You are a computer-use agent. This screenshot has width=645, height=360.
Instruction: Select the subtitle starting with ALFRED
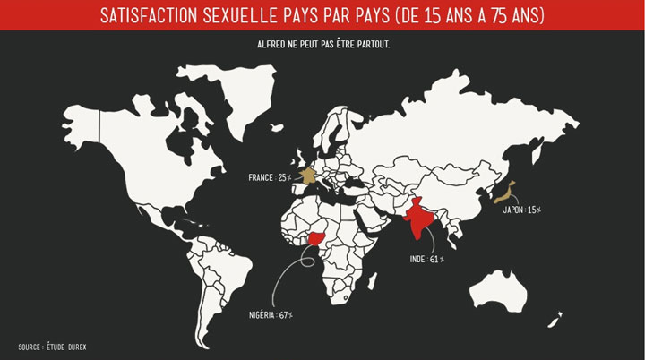click(x=322, y=45)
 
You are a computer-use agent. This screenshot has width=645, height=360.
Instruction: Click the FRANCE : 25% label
click(x=272, y=178)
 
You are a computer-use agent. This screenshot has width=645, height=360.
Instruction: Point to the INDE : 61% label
click(x=426, y=260)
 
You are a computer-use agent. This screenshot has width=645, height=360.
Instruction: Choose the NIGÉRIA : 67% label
click(x=272, y=315)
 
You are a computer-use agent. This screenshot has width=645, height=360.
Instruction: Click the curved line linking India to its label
click(x=437, y=240)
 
